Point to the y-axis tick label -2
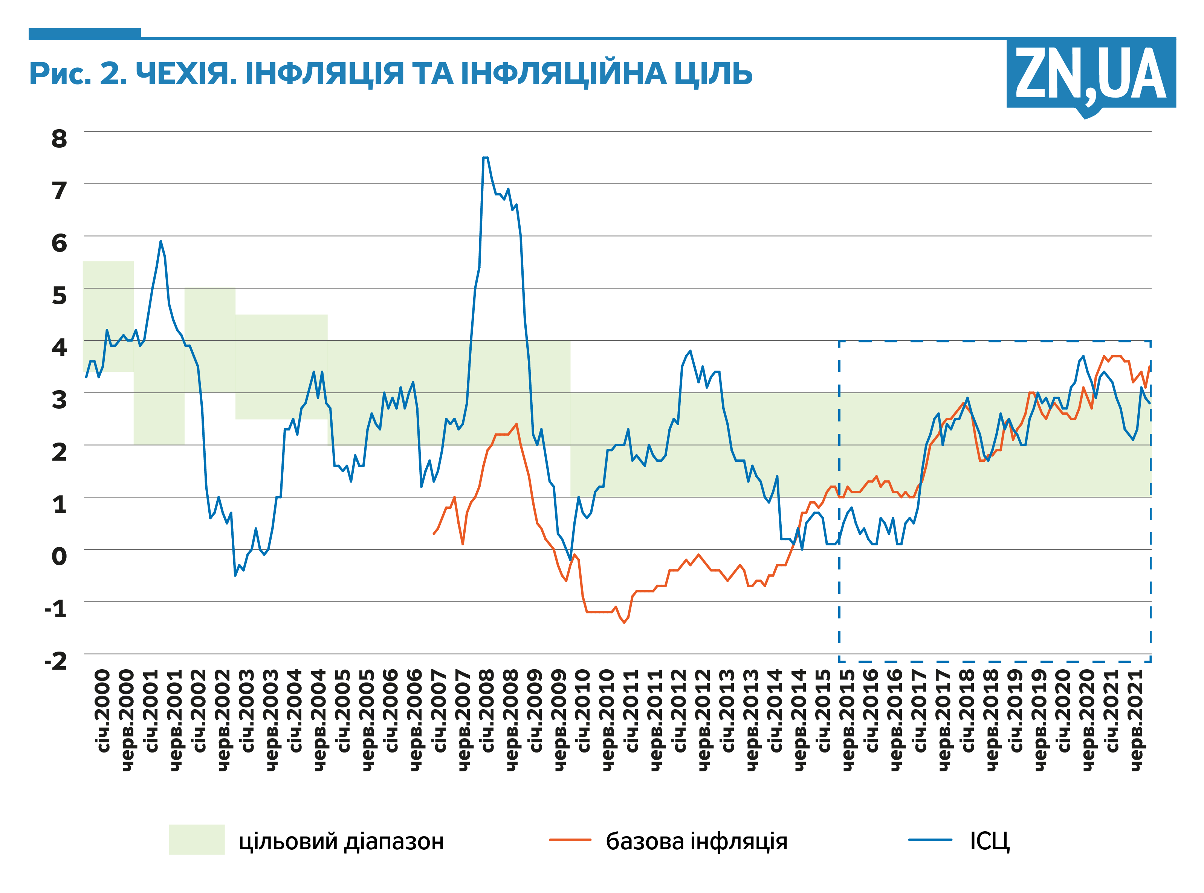56,661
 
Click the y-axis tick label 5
60,296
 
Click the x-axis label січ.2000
103,711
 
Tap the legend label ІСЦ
989,841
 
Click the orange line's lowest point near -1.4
624,623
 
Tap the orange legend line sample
570,840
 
